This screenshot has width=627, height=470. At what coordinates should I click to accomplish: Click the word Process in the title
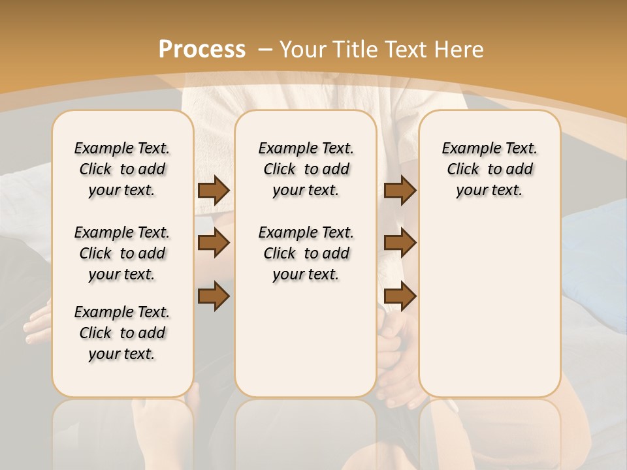(x=202, y=49)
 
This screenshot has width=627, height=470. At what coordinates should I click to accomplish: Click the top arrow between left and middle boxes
(x=214, y=190)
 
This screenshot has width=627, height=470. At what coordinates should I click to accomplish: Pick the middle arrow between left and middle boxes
(x=214, y=243)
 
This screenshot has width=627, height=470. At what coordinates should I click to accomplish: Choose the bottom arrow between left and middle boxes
(x=214, y=296)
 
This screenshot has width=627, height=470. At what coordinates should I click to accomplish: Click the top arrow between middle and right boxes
(x=400, y=190)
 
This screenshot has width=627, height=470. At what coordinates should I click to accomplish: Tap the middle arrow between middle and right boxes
(x=400, y=243)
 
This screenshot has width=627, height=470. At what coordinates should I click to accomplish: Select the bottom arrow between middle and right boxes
(x=400, y=296)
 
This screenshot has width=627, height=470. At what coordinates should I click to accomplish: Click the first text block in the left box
(x=122, y=169)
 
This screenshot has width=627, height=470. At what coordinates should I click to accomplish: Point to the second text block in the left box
(x=122, y=253)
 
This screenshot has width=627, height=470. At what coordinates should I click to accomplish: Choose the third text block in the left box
(x=122, y=333)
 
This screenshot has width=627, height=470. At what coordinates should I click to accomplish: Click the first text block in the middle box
(x=306, y=169)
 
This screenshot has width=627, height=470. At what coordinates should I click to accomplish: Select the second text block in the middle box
(x=306, y=253)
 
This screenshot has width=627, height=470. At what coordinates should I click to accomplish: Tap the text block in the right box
(x=489, y=169)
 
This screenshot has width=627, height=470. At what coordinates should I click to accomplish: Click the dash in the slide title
(x=265, y=49)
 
